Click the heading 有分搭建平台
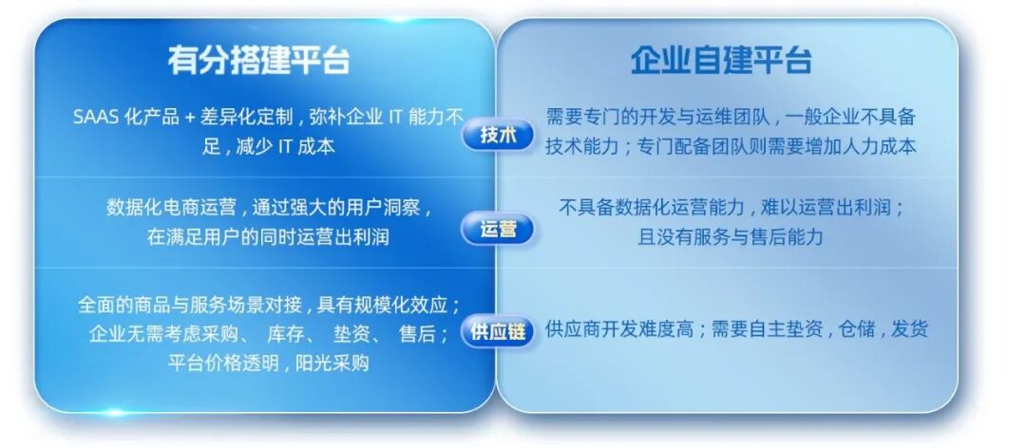point(258,61)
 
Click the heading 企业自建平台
point(721,61)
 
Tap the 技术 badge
point(499,136)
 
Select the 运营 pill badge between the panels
point(499,229)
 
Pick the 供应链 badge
point(499,331)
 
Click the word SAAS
point(96,119)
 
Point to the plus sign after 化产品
point(191,119)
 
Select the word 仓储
point(857,329)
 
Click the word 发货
point(909,329)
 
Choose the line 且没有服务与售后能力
point(731,236)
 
